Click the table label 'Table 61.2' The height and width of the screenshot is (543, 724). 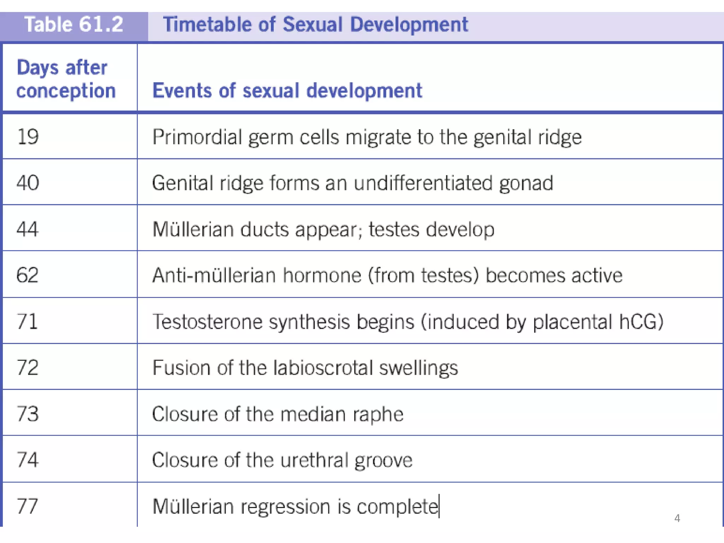pyautogui.click(x=74, y=25)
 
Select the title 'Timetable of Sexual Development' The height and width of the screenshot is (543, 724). pyautogui.click(x=315, y=25)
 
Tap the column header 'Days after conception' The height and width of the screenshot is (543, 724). pyautogui.click(x=66, y=79)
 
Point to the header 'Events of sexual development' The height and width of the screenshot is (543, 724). pyautogui.click(x=287, y=90)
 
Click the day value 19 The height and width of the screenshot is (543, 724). pyautogui.click(x=28, y=137)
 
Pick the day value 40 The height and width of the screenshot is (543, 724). pyautogui.click(x=28, y=183)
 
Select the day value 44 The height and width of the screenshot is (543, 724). pyautogui.click(x=28, y=229)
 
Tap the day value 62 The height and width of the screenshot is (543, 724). pyautogui.click(x=28, y=275)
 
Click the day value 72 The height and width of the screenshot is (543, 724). pyautogui.click(x=28, y=367)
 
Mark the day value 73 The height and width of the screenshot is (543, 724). pyautogui.click(x=28, y=414)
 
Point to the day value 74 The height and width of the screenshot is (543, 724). pyautogui.click(x=28, y=460)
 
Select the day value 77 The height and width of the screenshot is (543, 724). pyautogui.click(x=28, y=506)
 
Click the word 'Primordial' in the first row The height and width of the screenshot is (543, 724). pyautogui.click(x=197, y=137)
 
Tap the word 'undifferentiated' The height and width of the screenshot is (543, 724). pyautogui.click(x=423, y=183)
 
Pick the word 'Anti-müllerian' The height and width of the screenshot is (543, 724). pyautogui.click(x=214, y=275)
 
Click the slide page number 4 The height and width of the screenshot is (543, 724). pyautogui.click(x=677, y=518)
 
